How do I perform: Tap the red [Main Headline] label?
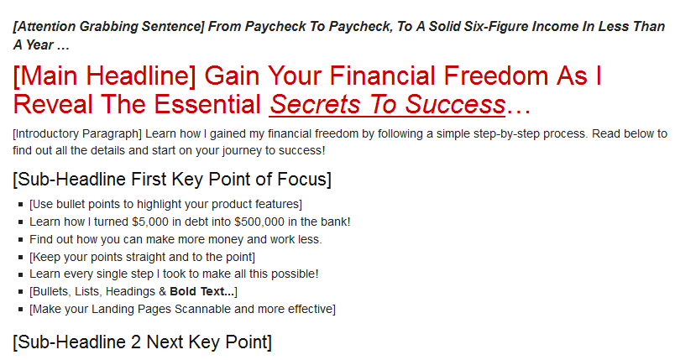click(x=105, y=76)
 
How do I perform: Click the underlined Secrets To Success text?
click(x=387, y=105)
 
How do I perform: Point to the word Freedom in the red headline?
click(x=495, y=76)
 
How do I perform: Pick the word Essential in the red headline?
click(x=207, y=105)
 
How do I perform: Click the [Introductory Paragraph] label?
click(x=77, y=134)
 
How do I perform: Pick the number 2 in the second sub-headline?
click(x=136, y=342)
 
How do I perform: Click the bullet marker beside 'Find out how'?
click(x=21, y=239)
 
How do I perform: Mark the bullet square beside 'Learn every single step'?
click(x=21, y=274)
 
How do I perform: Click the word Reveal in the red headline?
click(x=53, y=105)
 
